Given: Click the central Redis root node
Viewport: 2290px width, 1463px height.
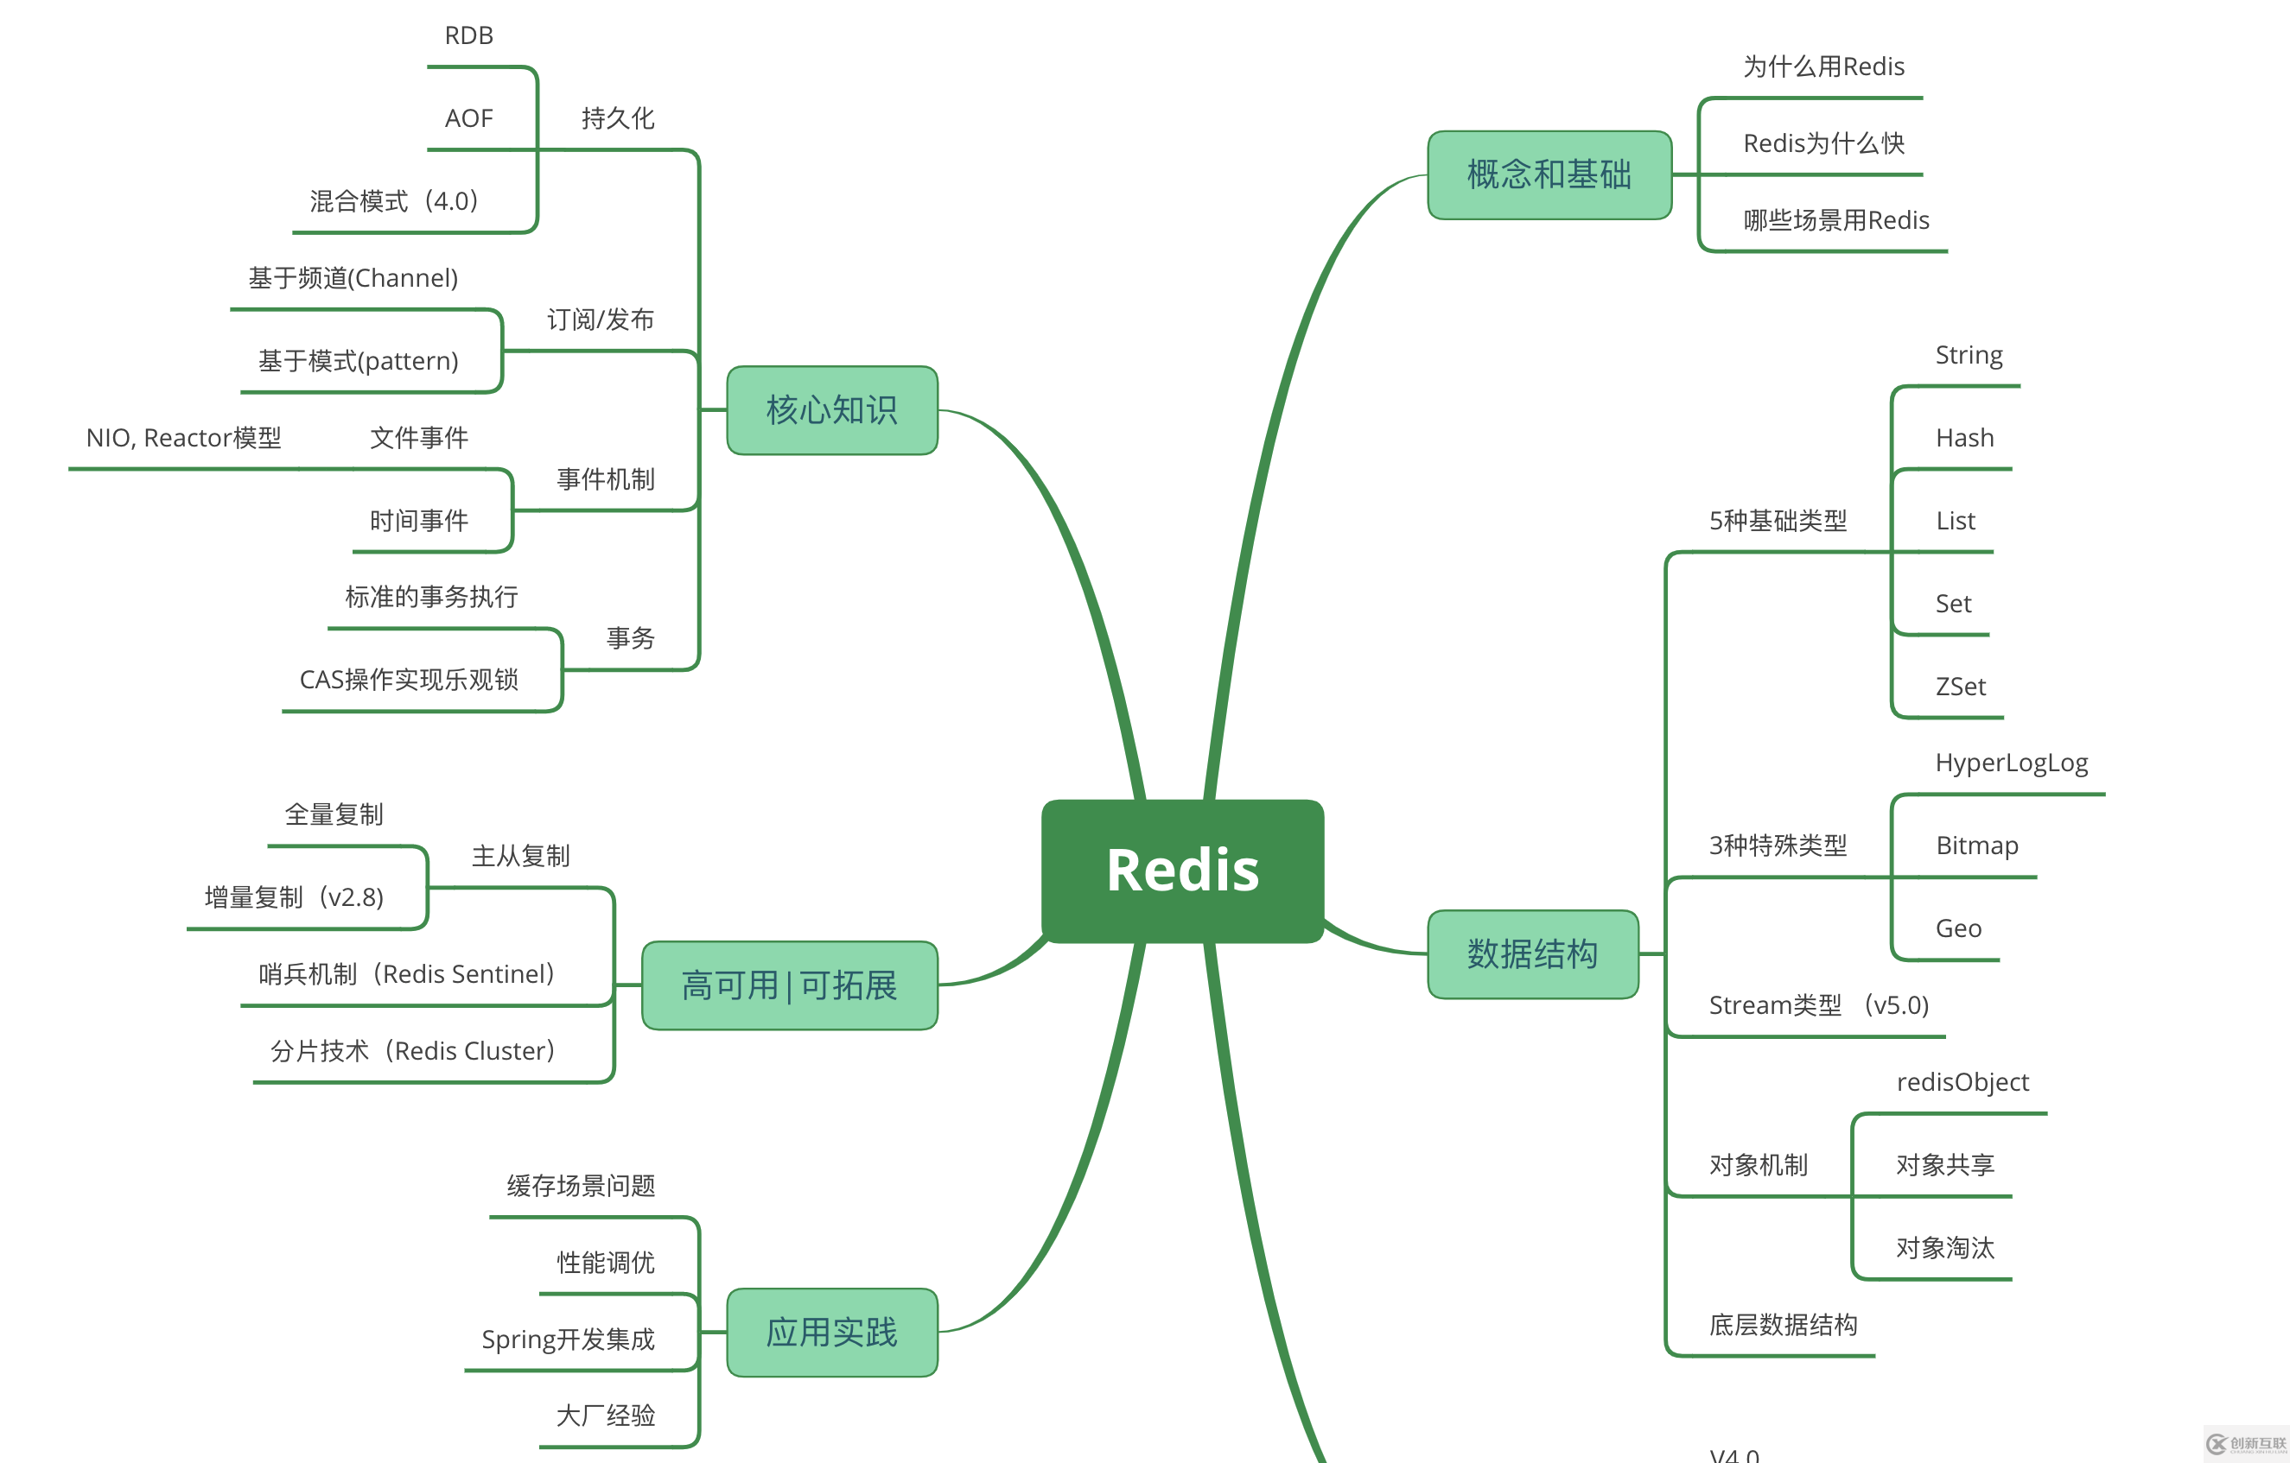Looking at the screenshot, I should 1182,870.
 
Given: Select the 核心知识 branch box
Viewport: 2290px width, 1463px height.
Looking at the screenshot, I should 832,409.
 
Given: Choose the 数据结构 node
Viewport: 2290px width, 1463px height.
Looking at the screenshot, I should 1532,953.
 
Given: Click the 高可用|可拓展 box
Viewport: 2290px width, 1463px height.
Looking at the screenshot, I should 789,985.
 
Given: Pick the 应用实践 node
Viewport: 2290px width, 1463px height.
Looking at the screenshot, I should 832,1332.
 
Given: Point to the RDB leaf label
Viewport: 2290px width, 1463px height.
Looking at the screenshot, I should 469,35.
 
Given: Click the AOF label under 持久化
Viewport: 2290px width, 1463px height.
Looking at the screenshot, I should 469,117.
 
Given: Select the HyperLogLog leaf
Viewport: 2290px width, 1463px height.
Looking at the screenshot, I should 2012,763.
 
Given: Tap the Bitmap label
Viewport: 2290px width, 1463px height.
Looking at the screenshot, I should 1976,845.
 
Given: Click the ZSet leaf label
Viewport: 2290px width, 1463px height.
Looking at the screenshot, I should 1960,687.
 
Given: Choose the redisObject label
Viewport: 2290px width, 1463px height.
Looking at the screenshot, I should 1962,1082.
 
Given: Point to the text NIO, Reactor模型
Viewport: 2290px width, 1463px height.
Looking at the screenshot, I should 183,437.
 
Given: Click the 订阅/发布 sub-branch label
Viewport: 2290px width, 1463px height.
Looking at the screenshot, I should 600,320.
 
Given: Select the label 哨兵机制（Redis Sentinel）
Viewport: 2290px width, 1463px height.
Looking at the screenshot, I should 407,973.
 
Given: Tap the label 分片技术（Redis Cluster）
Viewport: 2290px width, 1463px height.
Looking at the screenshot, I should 413,1050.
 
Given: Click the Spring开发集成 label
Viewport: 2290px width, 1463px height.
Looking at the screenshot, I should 568,1339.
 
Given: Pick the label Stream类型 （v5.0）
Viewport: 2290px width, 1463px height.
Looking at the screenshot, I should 1818,1004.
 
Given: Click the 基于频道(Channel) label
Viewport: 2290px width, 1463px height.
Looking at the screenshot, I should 353,277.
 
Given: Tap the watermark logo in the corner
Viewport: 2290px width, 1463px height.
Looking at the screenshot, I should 2246,1444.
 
